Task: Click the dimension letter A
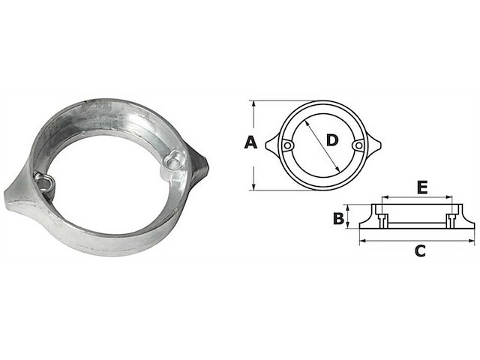251,142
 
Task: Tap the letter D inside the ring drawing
334,139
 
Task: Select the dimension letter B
338,218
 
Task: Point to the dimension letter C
420,252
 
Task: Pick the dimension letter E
422,187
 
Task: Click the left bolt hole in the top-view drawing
287,145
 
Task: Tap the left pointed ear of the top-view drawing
271,145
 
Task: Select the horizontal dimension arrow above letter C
418,241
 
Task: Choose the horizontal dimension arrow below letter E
418,199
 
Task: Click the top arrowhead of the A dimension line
253,104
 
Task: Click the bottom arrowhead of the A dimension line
253,185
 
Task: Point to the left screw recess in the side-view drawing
382,220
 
